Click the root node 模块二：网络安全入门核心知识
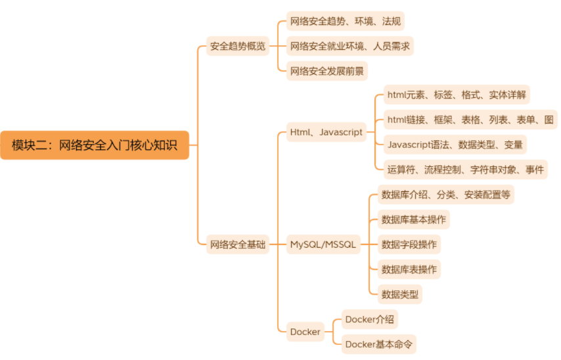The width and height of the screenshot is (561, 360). coord(95,145)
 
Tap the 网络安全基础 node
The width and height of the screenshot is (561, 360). coord(238,244)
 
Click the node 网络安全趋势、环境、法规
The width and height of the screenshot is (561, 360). coord(345,21)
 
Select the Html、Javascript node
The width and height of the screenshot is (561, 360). coord(326,132)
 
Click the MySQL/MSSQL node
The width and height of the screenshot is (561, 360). coord(323,244)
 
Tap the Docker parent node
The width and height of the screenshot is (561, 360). coord(305,332)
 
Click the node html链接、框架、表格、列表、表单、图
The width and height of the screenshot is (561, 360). coord(470,120)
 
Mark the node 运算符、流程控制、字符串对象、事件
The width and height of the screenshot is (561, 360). coord(466,169)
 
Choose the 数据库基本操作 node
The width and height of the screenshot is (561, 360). coord(414,219)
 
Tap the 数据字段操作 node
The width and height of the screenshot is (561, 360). coord(409,244)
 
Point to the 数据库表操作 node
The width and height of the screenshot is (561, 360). coord(409,269)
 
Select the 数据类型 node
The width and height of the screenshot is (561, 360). coord(400,294)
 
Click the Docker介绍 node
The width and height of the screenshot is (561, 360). coord(370,320)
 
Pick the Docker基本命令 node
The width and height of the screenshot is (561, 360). coord(379,344)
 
